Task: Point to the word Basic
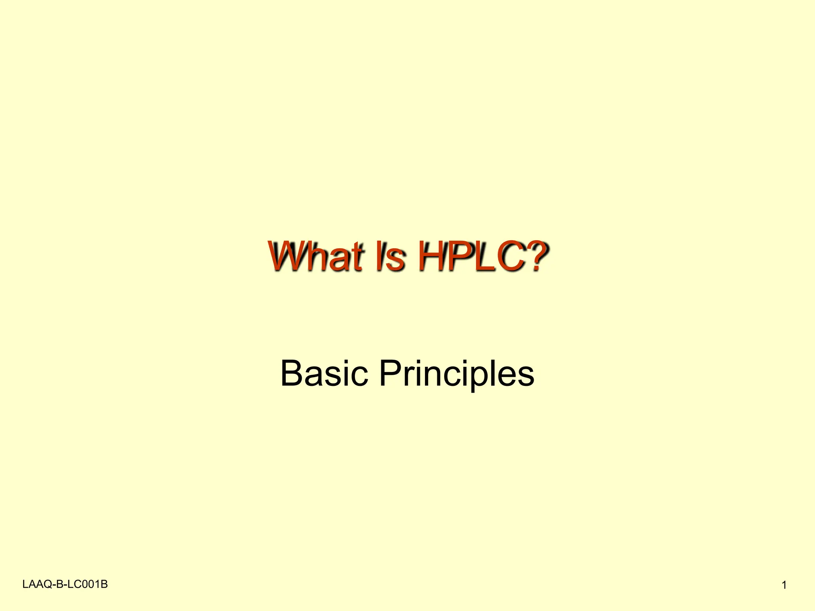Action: pos(324,373)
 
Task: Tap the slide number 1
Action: pos(784,585)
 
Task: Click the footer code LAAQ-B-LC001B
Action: pos(65,584)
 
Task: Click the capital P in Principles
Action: pos(389,373)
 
